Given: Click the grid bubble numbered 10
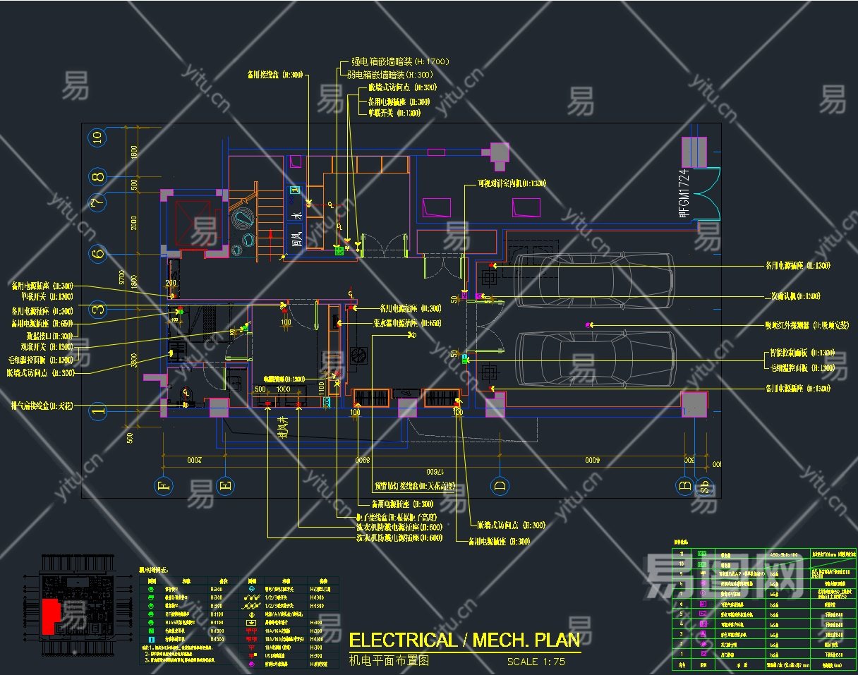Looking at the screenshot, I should [x=98, y=137].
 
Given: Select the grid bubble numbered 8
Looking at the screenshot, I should [x=98, y=176].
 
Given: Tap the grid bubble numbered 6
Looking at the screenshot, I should [x=98, y=253].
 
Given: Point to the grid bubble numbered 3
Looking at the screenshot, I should [x=98, y=308].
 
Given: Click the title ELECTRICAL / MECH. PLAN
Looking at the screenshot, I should [x=464, y=640].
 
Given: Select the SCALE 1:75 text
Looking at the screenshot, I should [x=536, y=662].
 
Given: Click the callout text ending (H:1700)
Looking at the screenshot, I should [x=399, y=62].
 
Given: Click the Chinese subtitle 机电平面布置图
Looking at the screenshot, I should [x=389, y=661].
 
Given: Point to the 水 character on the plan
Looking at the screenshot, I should [x=297, y=215].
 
